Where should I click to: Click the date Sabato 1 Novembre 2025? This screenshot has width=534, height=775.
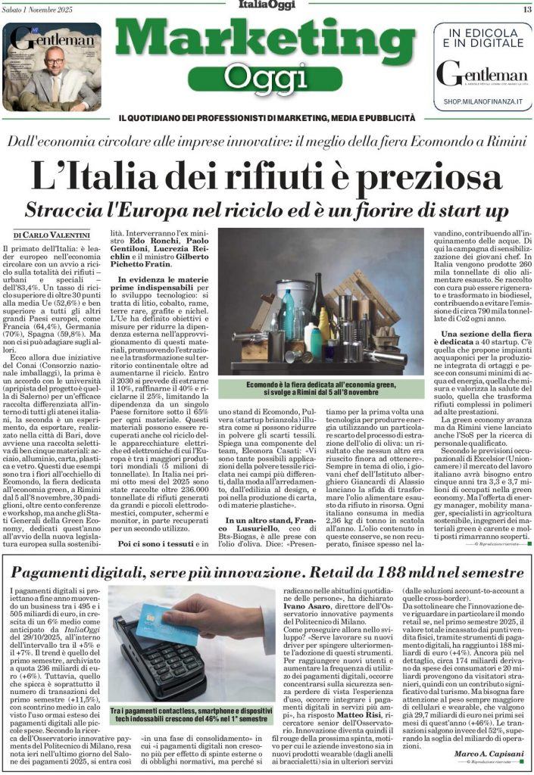(42, 9)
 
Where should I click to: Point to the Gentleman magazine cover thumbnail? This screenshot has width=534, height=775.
(52, 67)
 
